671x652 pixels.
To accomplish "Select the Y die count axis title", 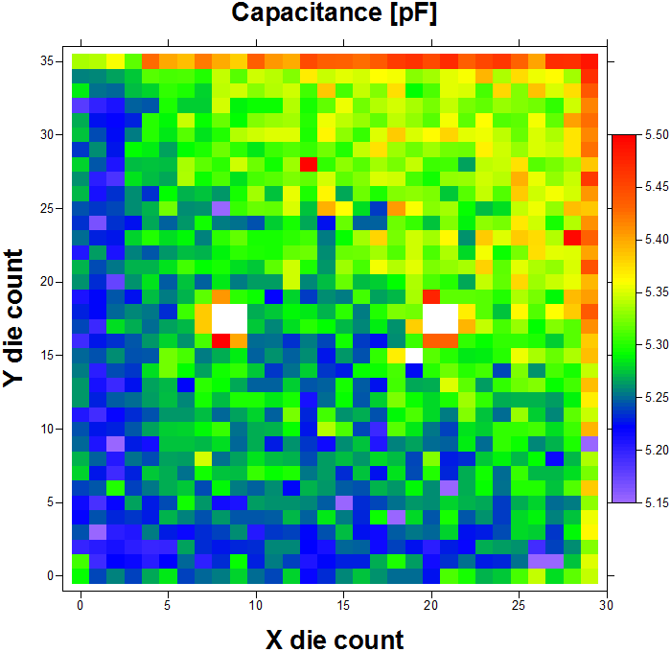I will click(14, 318).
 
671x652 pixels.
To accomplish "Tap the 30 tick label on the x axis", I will click(606, 606).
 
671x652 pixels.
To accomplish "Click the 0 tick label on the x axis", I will click(81, 606).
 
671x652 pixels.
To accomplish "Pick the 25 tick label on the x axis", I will click(519, 606).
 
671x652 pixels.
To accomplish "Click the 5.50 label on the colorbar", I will click(655, 136).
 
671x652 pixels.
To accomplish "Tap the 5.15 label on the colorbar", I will click(655, 502).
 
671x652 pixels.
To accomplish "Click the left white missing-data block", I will click(229, 317).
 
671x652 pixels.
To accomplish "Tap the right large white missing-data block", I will click(440, 317).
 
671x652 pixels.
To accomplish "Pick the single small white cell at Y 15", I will click(413, 355).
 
